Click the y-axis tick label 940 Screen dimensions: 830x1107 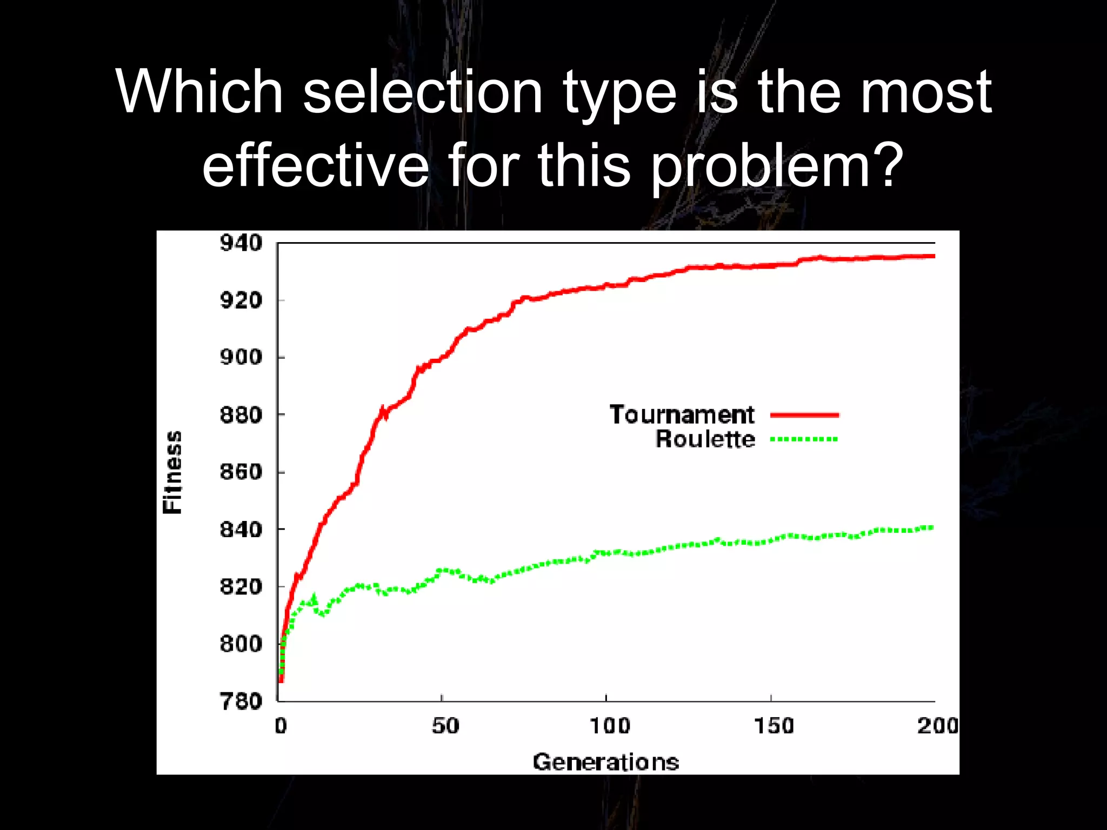(241, 243)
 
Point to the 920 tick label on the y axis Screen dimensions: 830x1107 (241, 300)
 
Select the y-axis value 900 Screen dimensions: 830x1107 (241, 357)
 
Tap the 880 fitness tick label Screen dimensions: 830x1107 (241, 415)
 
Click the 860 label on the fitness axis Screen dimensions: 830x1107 (241, 472)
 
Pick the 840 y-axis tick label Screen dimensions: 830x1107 (241, 530)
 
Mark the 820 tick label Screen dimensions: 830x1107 (241, 586)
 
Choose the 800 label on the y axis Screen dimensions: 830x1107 (241, 644)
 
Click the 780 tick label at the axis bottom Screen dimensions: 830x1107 (241, 701)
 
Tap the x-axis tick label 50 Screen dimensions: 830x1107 (445, 726)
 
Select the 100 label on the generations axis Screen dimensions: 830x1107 (609, 726)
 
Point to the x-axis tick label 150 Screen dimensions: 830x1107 (773, 726)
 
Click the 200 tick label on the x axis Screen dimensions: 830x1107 (937, 726)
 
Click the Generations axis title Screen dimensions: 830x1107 (605, 762)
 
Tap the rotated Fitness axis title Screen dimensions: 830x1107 (172, 472)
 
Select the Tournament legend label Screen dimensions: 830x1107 (682, 415)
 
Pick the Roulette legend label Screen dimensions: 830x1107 (705, 439)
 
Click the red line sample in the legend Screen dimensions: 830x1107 (804, 415)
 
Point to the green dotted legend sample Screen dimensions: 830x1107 (804, 439)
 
